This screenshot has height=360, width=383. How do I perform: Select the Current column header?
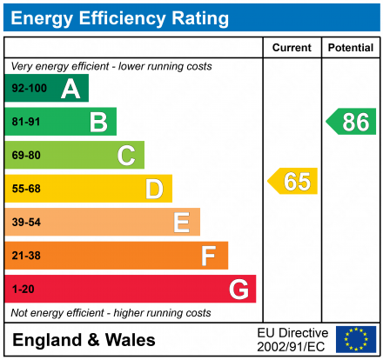[292, 48]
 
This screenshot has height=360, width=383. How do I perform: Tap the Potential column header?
[351, 48]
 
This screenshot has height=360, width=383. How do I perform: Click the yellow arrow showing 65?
[293, 181]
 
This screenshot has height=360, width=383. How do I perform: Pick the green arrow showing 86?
[351, 122]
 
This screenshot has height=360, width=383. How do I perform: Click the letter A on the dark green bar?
[71, 89]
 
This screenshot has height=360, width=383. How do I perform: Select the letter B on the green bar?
[98, 122]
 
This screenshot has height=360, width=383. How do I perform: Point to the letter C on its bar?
[126, 156]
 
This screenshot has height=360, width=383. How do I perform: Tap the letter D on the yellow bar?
[154, 189]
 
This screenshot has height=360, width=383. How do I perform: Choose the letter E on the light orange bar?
[181, 223]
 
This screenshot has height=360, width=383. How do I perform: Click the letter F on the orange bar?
[208, 256]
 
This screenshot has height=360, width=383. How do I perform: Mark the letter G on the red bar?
[237, 289]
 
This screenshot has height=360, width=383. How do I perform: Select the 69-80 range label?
[26, 156]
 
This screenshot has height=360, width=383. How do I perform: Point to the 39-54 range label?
[26, 223]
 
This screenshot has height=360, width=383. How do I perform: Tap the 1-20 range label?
[23, 289]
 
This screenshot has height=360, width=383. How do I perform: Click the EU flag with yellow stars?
[356, 339]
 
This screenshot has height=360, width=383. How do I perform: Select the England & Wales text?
[84, 340]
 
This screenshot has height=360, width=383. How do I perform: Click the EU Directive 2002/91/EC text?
[292, 339]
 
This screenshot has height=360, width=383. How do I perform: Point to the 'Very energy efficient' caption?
[111, 66]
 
